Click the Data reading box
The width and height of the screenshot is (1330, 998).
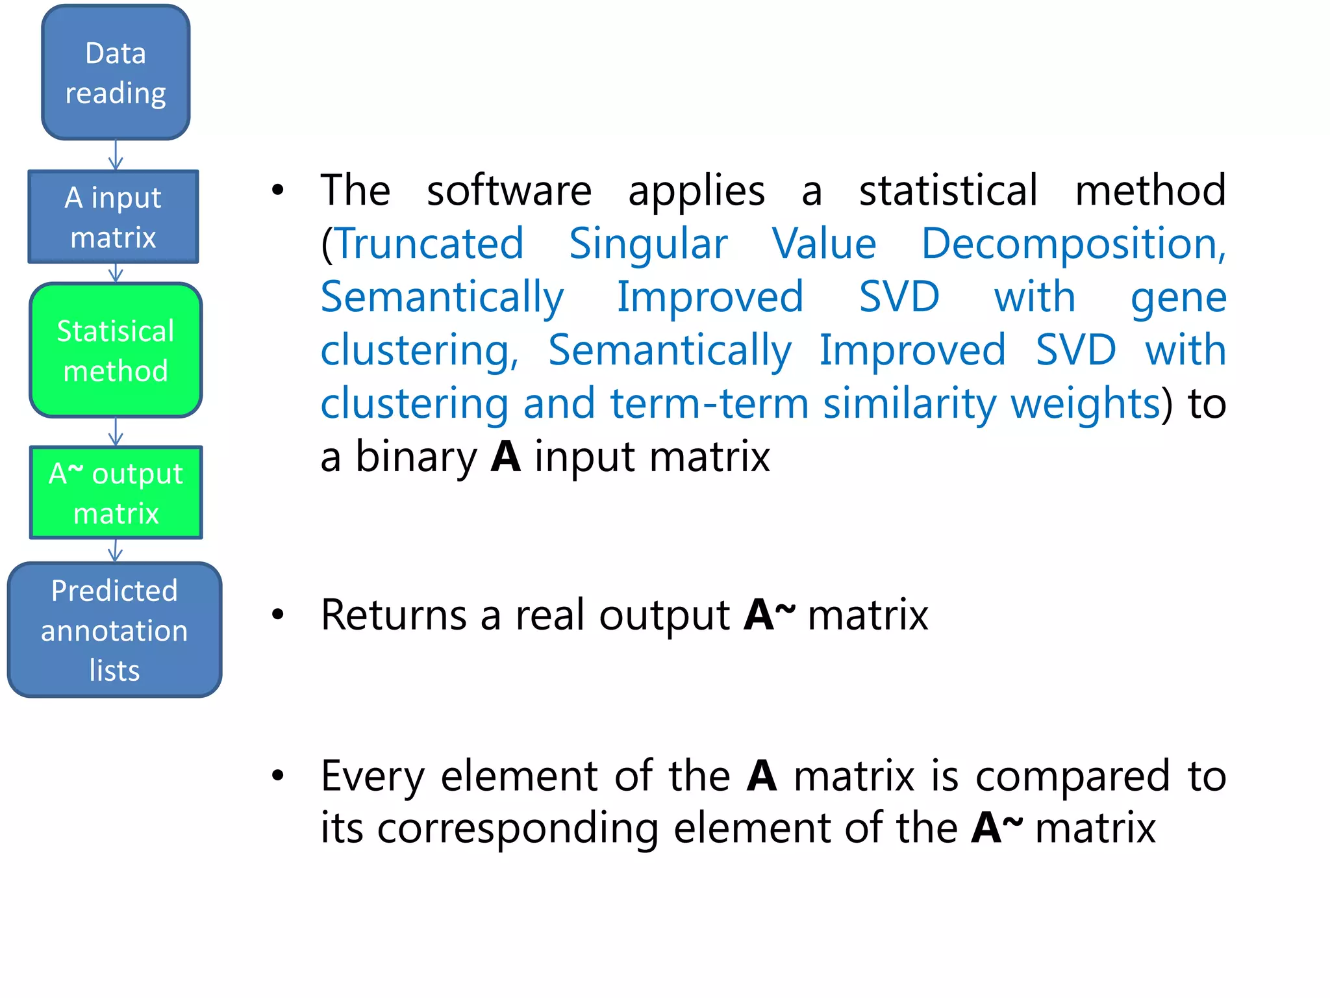116,72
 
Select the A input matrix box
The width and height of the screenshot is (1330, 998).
113,217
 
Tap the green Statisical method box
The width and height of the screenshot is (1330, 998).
116,350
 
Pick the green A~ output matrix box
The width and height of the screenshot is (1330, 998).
116,493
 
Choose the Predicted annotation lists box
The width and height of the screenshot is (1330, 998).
114,630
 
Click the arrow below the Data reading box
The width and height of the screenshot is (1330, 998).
116,155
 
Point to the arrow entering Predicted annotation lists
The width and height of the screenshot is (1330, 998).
116,551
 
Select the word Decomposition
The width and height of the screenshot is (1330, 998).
1073,244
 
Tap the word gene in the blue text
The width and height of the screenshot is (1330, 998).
1178,298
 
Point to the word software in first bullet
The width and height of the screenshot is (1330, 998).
508,191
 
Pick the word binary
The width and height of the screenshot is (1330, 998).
416,457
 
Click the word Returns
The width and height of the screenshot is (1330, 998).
394,615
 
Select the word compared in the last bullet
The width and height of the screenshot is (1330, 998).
1072,776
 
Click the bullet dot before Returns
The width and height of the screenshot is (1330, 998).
278,614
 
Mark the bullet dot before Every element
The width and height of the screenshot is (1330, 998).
278,774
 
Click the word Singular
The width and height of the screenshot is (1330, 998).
647,244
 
